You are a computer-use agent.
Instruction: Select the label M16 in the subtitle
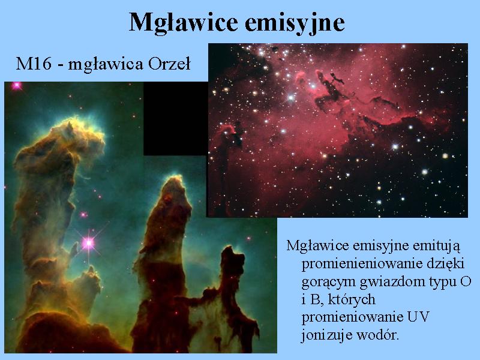[34, 64]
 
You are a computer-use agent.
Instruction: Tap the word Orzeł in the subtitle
[169, 64]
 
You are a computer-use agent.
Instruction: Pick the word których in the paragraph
[352, 299]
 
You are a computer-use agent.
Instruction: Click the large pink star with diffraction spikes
[88, 243]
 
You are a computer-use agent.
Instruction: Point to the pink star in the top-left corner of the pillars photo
[16, 86]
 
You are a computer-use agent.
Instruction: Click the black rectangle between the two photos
[176, 118]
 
